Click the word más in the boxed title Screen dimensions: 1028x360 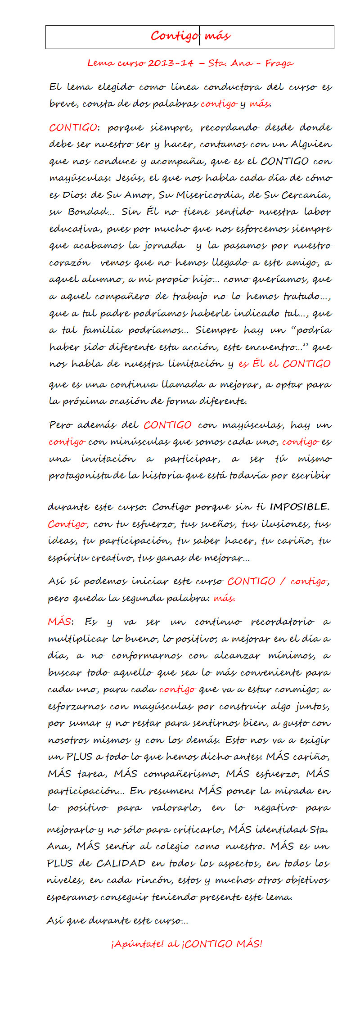(x=217, y=36)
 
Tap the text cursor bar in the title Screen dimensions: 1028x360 (x=199, y=36)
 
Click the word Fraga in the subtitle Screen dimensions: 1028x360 (x=279, y=63)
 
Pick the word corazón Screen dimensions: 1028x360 (x=70, y=263)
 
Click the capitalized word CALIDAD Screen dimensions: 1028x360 (x=121, y=863)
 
